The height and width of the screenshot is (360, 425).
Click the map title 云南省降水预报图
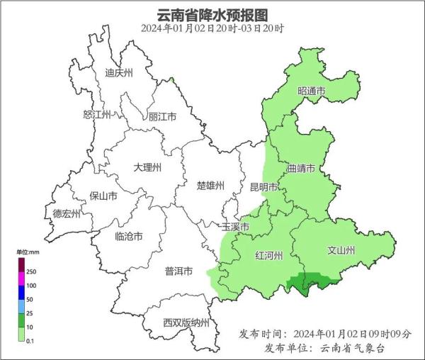[212, 14]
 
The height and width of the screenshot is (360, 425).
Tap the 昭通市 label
[311, 91]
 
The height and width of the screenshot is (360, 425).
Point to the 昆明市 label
[264, 187]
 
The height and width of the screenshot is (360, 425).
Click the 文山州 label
[341, 250]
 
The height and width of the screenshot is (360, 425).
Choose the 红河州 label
[268, 255]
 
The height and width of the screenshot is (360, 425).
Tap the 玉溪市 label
[235, 227]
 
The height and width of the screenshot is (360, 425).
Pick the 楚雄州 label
[210, 186]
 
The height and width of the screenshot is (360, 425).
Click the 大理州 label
[148, 168]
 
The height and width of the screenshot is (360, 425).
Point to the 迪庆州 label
[119, 72]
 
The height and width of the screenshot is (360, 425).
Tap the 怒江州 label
[98, 115]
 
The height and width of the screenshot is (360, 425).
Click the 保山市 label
[103, 196]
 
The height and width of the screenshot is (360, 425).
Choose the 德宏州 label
[67, 213]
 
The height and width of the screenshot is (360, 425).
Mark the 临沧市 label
[129, 237]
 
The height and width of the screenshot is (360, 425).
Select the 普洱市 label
[178, 271]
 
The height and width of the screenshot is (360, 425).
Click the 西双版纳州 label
[186, 323]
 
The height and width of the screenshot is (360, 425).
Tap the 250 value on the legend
[32, 271]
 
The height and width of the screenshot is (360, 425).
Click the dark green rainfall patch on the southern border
[310, 281]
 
